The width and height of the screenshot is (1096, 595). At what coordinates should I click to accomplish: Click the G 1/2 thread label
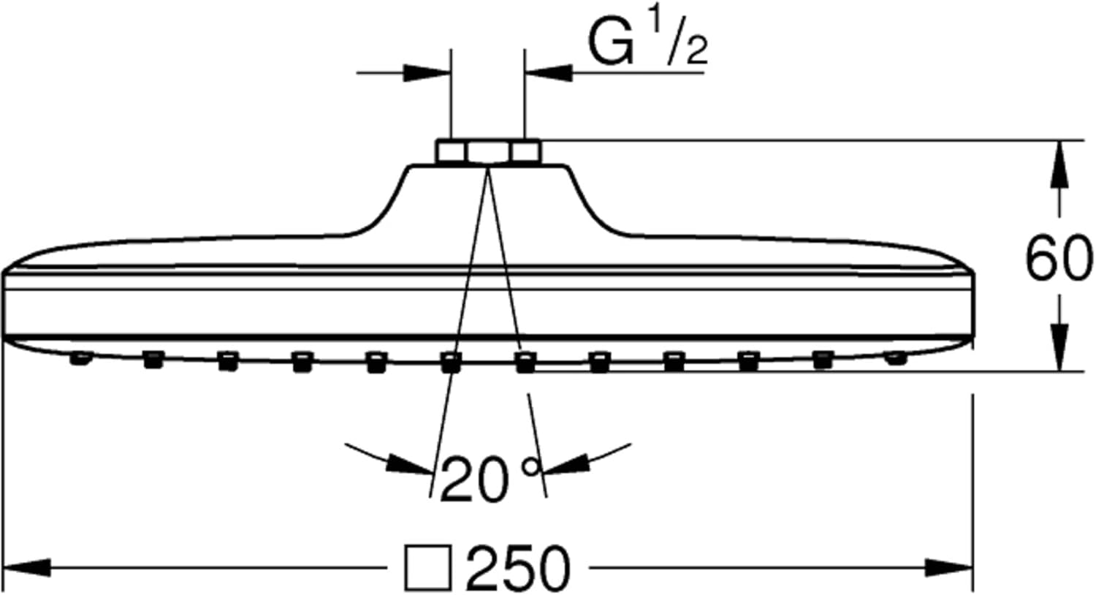(x=647, y=45)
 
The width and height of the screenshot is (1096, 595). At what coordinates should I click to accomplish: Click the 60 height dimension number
(x=1059, y=258)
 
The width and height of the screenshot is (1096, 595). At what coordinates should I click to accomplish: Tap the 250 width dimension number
(x=517, y=568)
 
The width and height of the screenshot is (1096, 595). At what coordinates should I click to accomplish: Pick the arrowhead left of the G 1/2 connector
(x=427, y=72)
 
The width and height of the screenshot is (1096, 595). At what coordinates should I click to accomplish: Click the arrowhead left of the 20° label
(x=409, y=463)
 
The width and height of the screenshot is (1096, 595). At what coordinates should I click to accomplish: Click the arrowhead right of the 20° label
(x=566, y=465)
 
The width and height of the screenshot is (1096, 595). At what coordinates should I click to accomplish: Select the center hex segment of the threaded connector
(x=488, y=152)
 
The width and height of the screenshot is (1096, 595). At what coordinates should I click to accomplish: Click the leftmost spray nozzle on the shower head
(x=79, y=358)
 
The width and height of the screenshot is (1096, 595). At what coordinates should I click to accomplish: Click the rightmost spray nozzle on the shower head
(x=895, y=358)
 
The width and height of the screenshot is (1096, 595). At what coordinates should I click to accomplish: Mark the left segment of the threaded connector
(x=450, y=152)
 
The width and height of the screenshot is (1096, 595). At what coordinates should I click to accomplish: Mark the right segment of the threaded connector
(x=525, y=152)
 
